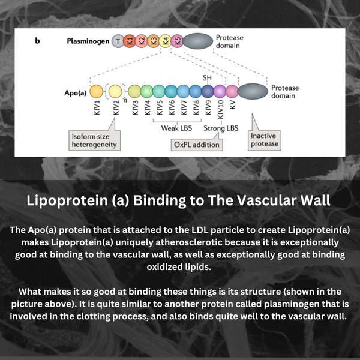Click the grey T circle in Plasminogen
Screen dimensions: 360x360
point(118,41)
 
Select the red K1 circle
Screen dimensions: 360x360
point(130,41)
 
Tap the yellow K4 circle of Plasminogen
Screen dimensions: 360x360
point(166,41)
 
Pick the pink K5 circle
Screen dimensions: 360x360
point(177,41)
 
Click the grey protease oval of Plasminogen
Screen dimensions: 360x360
point(198,41)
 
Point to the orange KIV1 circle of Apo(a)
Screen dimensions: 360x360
point(97,91)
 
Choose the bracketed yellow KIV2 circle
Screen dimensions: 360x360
point(115,91)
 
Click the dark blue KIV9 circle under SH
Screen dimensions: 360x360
point(208,91)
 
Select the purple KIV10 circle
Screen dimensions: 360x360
point(220,91)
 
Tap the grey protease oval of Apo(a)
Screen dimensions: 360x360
point(253,91)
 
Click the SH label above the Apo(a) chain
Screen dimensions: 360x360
point(207,78)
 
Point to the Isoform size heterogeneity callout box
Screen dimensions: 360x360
point(95,140)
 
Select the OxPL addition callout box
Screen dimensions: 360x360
point(197,145)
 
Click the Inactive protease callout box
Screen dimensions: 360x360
point(265,140)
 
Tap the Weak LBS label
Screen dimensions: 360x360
point(176,128)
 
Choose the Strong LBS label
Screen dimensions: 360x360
point(221,128)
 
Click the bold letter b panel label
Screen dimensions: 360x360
point(37,41)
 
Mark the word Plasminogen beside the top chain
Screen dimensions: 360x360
point(88,41)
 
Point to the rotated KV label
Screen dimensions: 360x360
point(233,104)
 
